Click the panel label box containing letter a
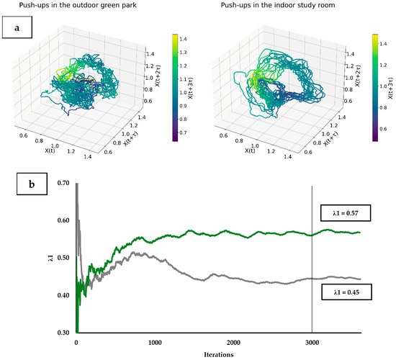point(17,27)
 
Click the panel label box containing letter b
point(32,184)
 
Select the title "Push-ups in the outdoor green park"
point(78,5)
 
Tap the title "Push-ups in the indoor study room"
point(278,5)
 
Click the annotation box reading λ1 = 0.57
point(346,213)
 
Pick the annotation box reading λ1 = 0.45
point(346,292)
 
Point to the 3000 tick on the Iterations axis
point(312,343)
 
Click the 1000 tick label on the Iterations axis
point(155,343)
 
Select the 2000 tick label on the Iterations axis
point(233,343)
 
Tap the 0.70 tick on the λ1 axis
point(63,183)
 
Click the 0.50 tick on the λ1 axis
point(63,258)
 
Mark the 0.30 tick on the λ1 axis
point(63,333)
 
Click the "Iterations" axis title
point(219,354)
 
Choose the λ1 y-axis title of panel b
point(51,258)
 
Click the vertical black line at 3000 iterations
point(312,259)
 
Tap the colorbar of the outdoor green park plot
point(175,87)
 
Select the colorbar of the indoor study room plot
point(375,87)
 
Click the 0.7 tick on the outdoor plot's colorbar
point(183,132)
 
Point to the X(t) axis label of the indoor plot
point(250,150)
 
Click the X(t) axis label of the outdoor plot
point(50,150)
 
